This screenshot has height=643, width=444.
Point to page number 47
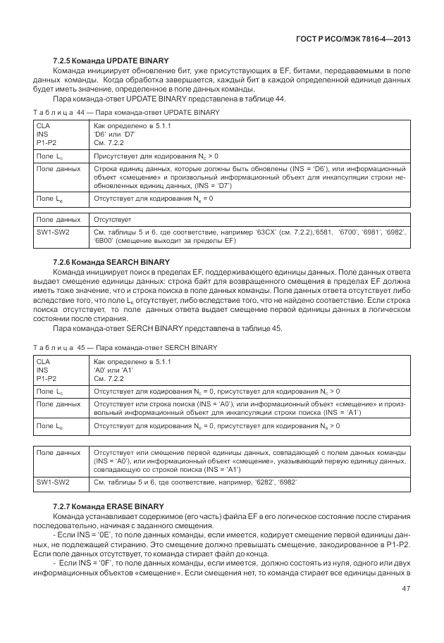tap(406, 589)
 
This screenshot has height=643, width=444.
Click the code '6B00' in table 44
tap(105, 240)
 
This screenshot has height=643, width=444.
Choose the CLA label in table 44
tap(43, 125)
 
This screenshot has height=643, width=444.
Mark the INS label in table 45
tap(42, 369)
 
